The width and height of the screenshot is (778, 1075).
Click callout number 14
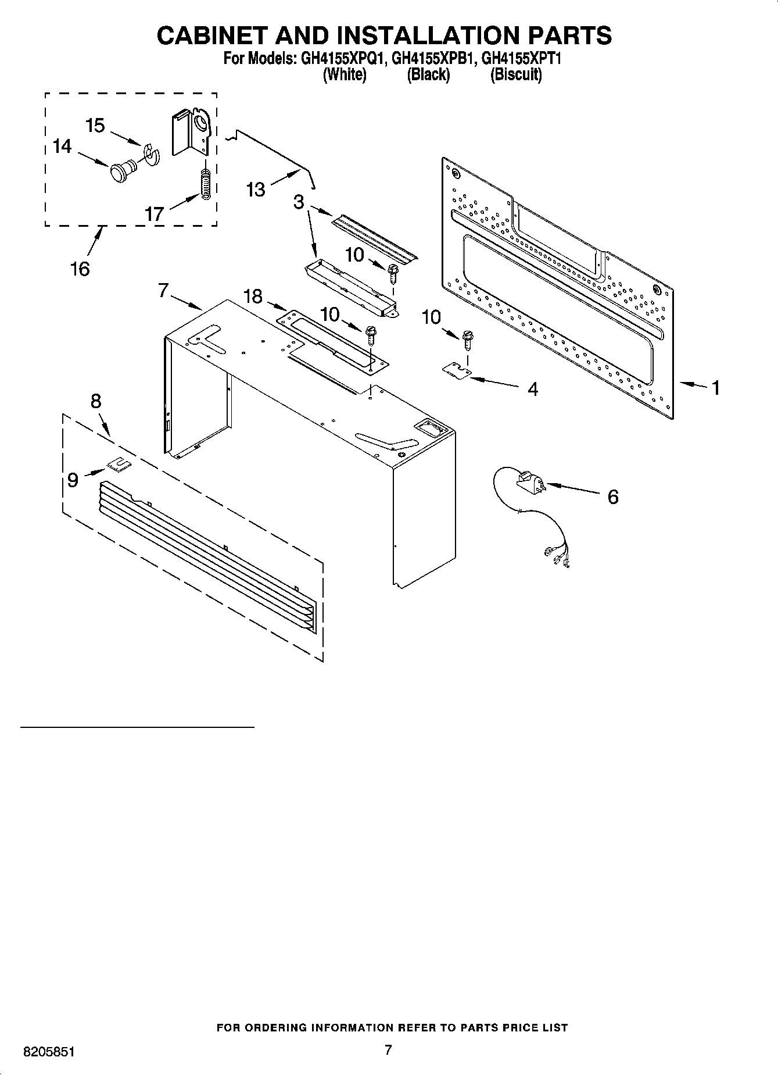tap(62, 146)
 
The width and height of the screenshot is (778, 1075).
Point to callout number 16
tap(80, 269)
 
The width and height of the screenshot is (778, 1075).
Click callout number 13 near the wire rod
tap(255, 189)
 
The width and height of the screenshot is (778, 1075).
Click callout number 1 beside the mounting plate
tap(716, 388)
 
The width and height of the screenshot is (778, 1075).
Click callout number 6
tap(613, 497)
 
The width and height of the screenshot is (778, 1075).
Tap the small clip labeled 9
tap(119, 463)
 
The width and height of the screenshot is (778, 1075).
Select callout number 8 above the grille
tap(96, 401)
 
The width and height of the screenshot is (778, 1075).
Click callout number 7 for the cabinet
tap(163, 290)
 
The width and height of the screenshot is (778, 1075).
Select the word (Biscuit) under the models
tap(516, 74)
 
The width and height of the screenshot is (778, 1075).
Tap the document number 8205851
tap(49, 1052)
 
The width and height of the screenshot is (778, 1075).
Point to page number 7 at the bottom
tap(388, 1049)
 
